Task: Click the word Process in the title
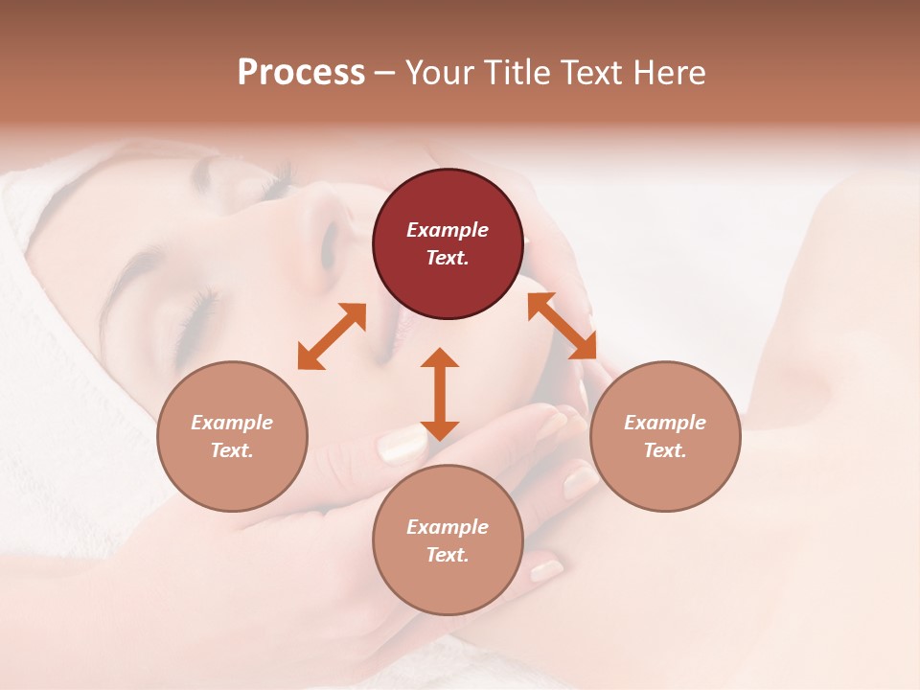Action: (301, 73)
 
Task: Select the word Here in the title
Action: (667, 73)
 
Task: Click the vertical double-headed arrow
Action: (440, 394)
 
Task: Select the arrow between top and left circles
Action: (332, 336)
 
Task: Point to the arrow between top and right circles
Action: (562, 326)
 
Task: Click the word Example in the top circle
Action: (448, 230)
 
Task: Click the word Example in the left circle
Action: (232, 423)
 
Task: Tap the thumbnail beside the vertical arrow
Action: (402, 443)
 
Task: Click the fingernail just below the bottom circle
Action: (546, 570)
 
